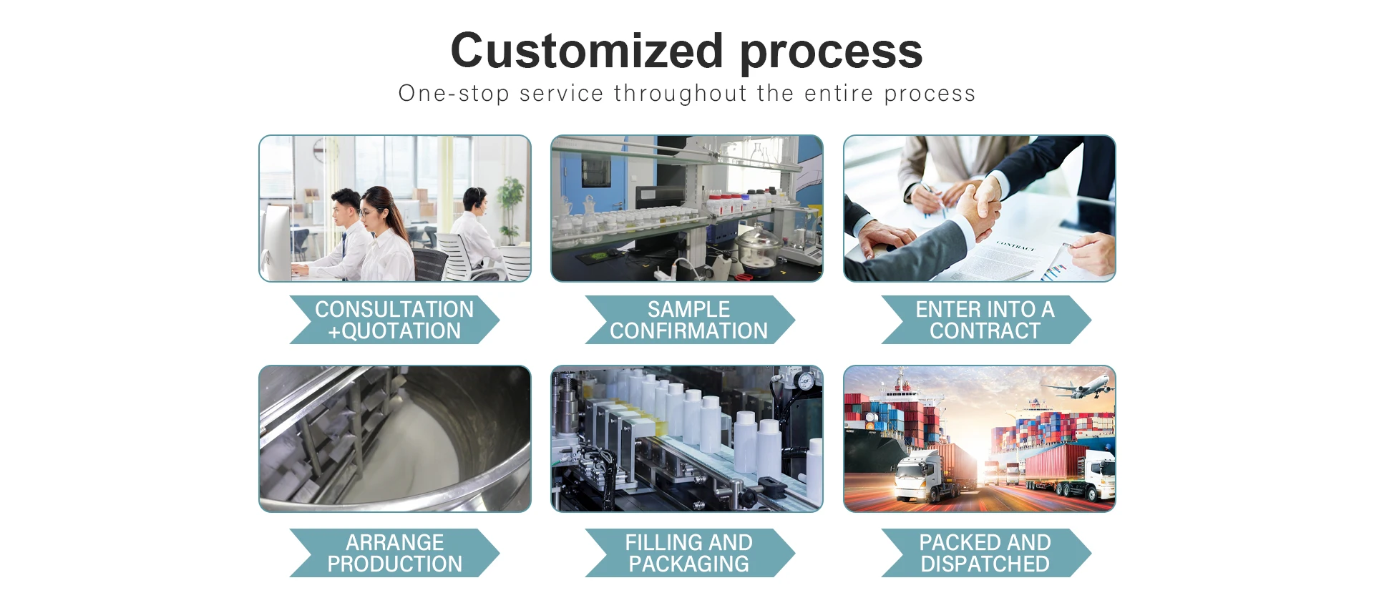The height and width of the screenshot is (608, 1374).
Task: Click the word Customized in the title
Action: click(x=587, y=52)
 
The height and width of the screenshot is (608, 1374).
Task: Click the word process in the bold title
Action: click(x=831, y=52)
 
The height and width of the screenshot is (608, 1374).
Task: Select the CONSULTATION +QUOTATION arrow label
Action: click(x=394, y=320)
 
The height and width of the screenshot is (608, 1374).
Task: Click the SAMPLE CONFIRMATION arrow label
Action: click(x=689, y=320)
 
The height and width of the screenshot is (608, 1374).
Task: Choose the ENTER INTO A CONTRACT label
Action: click(x=985, y=320)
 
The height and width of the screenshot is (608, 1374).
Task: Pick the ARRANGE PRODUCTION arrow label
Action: click(x=394, y=553)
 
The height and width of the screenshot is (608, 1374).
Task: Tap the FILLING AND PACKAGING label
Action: click(x=689, y=553)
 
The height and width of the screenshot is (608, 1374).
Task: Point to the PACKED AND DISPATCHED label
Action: click(x=985, y=553)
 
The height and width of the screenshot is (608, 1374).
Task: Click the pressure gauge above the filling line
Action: click(x=807, y=380)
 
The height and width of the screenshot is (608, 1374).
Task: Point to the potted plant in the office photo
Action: click(x=510, y=207)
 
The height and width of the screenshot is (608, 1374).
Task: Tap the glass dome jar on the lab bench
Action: click(x=759, y=247)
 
